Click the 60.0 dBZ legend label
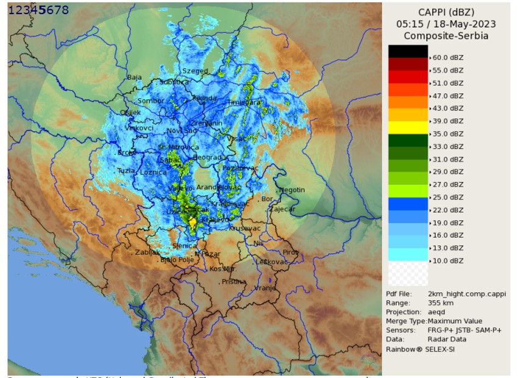point(448,57)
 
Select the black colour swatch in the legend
point(408,51)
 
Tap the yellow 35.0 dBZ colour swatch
point(408,127)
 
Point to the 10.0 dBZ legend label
point(448,260)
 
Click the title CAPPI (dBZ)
point(446,12)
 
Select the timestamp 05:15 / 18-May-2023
point(446,24)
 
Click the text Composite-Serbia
point(446,36)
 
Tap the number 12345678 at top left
point(38,10)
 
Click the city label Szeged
point(195,71)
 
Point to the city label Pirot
point(291,252)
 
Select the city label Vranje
point(265,288)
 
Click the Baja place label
point(134,77)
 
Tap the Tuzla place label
point(126,171)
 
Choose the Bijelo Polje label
point(177,260)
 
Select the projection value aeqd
point(437,312)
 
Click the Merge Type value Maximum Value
point(455,321)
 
